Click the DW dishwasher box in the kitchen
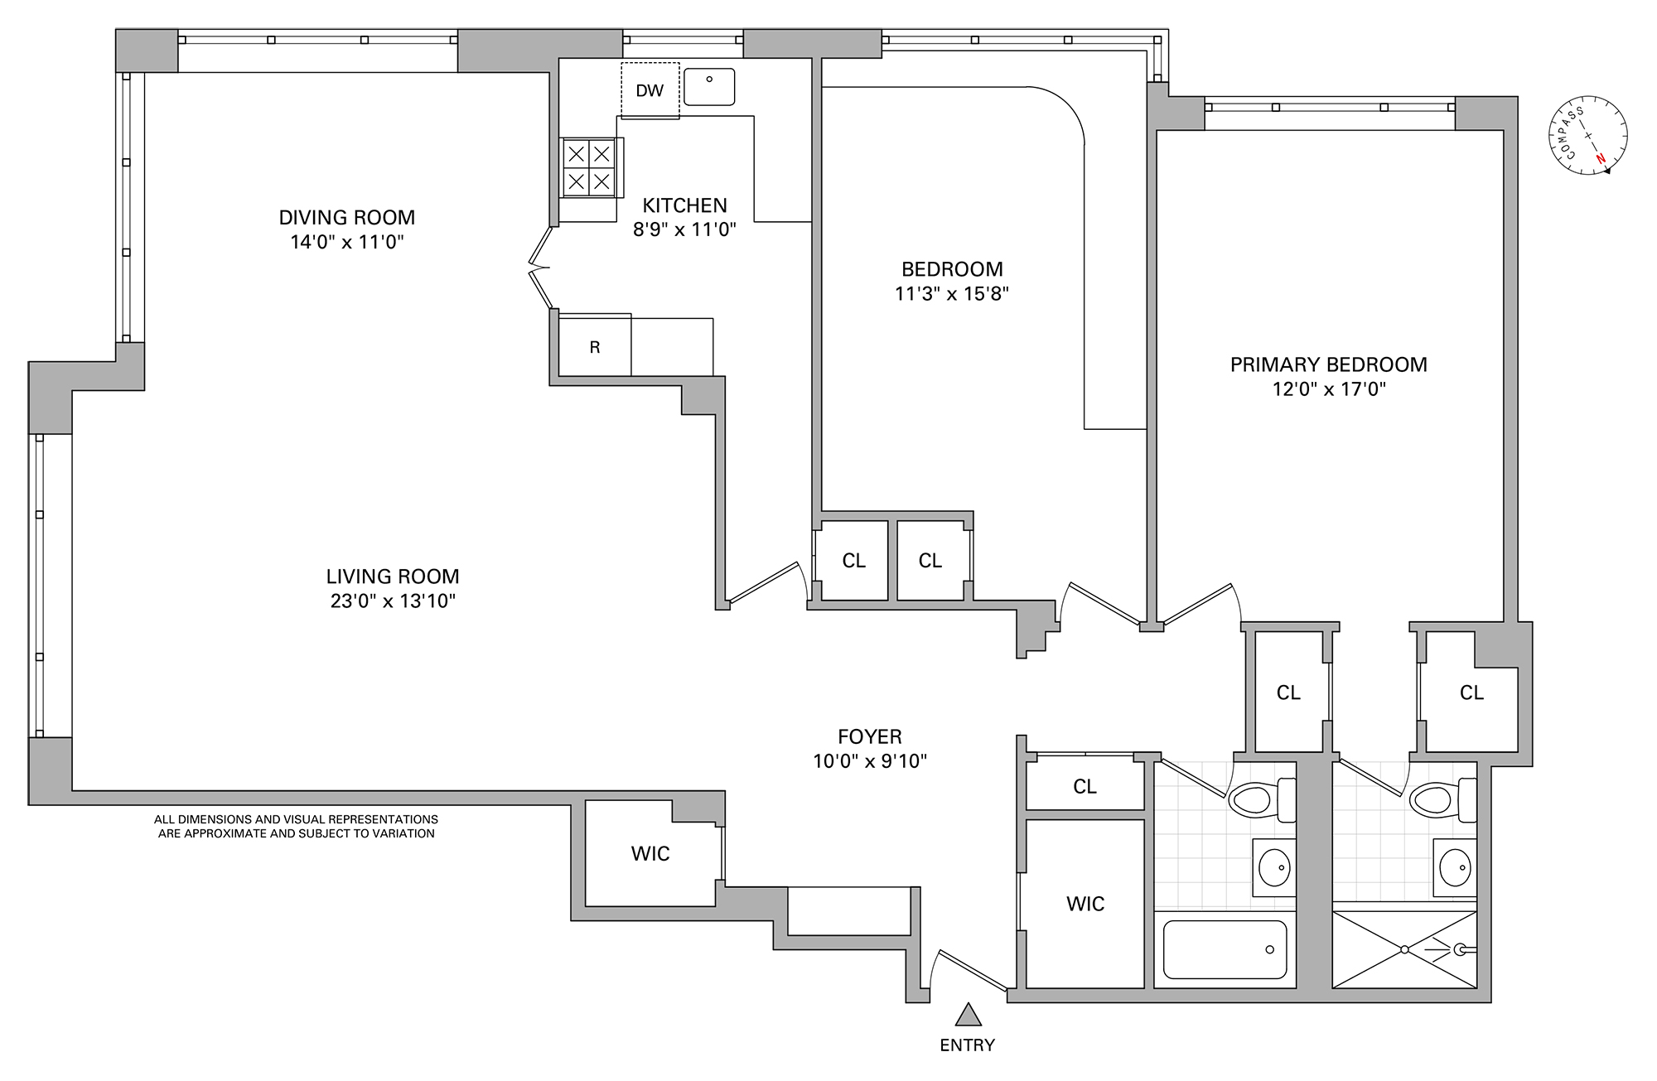(650, 90)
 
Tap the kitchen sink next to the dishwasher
(709, 87)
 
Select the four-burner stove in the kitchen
(589, 167)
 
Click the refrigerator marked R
(595, 347)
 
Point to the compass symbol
(1588, 136)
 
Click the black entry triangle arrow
(968, 1015)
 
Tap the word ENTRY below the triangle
(967, 1045)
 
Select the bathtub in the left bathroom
(1225, 950)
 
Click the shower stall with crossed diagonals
(1404, 949)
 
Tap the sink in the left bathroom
(1273, 868)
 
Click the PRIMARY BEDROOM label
(1328, 364)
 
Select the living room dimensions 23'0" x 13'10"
(393, 601)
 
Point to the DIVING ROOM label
(346, 218)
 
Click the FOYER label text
(869, 736)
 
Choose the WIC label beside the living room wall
(650, 854)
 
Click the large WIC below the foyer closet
(1085, 904)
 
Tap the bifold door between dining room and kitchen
(540, 268)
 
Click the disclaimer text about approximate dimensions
(296, 827)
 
